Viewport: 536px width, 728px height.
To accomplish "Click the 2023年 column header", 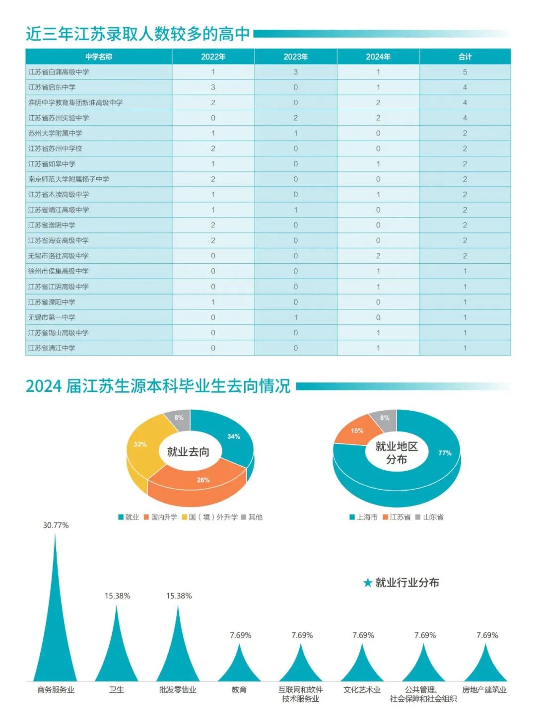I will click(x=295, y=57).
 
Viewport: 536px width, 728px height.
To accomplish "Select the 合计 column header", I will click(x=465, y=57).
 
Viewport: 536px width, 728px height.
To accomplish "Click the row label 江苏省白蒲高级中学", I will click(x=59, y=72).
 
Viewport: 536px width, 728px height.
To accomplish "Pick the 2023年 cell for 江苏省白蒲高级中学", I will click(x=295, y=72).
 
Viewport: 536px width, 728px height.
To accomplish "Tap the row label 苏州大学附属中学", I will click(x=55, y=133).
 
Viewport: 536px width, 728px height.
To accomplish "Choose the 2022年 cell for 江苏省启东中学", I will click(x=213, y=87).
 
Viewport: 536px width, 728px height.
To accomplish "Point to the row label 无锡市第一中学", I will click(x=52, y=317).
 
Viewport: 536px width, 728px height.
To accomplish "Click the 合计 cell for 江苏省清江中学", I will click(x=465, y=348).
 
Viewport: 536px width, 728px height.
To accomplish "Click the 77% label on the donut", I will click(x=445, y=453).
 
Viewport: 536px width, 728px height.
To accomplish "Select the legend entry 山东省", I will click(x=433, y=517).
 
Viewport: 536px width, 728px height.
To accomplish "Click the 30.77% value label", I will click(x=56, y=525).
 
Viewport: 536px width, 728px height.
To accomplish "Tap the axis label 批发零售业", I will click(x=178, y=690).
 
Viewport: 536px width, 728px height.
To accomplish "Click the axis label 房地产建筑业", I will click(x=484, y=690).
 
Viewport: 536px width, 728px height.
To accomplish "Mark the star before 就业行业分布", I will click(x=367, y=583).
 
